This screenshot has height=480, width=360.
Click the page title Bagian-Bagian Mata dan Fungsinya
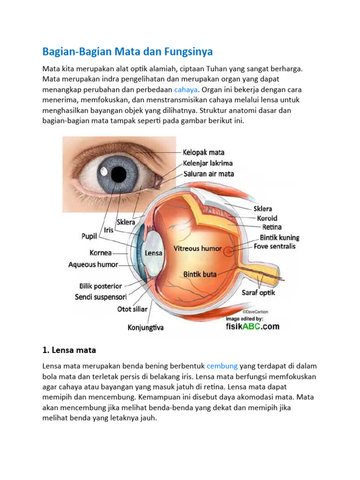pyautogui.click(x=127, y=51)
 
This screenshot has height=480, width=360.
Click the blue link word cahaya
pyautogui.click(x=186, y=89)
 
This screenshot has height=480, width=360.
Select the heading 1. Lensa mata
pyautogui.click(x=71, y=350)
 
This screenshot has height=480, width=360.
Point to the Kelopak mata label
pyautogui.click(x=203, y=152)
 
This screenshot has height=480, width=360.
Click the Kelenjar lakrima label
pyautogui.click(x=208, y=163)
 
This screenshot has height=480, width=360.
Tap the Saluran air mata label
pyautogui.click(x=209, y=174)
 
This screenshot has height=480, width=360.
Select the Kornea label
pyautogui.click(x=101, y=253)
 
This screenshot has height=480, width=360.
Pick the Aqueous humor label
pyautogui.click(x=93, y=264)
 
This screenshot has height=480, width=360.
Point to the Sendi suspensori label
pyautogui.click(x=100, y=297)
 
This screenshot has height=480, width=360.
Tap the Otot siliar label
pyautogui.click(x=132, y=309)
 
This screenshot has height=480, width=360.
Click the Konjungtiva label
pyautogui.click(x=146, y=328)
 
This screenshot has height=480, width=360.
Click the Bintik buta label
pyautogui.click(x=200, y=274)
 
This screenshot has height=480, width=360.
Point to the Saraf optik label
pyautogui.click(x=258, y=293)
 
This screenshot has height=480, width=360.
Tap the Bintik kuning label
pyautogui.click(x=277, y=238)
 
